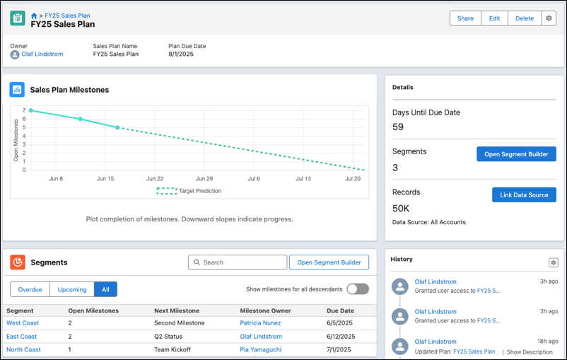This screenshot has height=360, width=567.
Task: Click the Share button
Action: click(465, 18)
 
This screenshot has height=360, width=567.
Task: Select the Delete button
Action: click(524, 18)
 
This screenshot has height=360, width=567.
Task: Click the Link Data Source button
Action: click(524, 195)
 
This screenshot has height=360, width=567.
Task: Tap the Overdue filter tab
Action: click(30, 289)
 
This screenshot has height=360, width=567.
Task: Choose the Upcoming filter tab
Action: click(72, 289)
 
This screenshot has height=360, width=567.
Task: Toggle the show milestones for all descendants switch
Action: click(358, 289)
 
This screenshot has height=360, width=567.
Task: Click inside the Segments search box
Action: click(237, 262)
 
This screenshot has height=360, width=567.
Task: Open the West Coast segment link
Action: click(22, 323)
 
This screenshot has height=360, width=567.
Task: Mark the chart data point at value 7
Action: click(30, 110)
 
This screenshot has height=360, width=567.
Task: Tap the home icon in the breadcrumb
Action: click(34, 16)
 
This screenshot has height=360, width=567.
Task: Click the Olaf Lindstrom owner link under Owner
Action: click(42, 54)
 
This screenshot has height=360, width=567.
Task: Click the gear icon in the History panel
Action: click(553, 262)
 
